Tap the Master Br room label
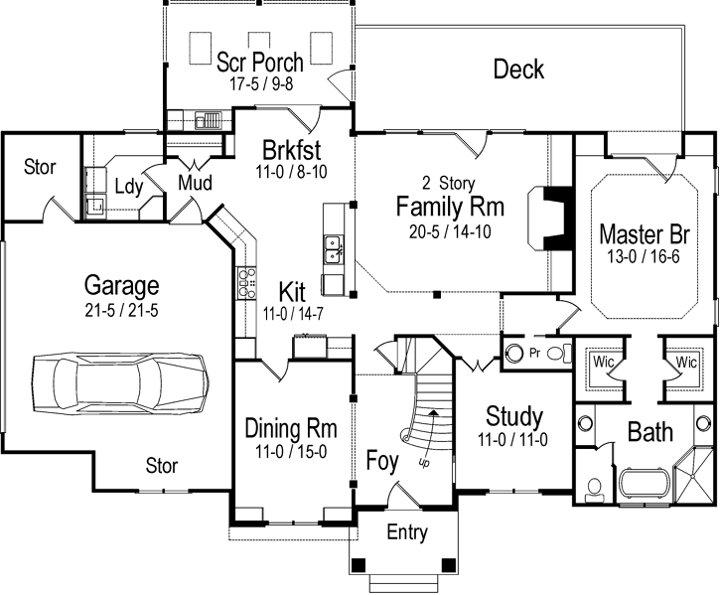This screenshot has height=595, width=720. click(x=645, y=235)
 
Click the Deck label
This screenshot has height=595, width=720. click(x=518, y=69)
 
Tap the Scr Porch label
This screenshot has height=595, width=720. click(x=260, y=62)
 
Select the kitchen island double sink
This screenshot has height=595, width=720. click(x=334, y=249)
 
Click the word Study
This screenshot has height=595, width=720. click(x=513, y=414)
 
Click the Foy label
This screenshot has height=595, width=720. click(x=382, y=460)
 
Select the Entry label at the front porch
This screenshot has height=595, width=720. click(x=407, y=532)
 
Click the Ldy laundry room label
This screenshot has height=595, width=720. click(x=126, y=186)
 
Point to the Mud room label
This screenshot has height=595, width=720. click(x=195, y=183)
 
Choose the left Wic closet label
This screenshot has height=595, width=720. click(x=602, y=362)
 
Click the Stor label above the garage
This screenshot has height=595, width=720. click(x=40, y=166)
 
